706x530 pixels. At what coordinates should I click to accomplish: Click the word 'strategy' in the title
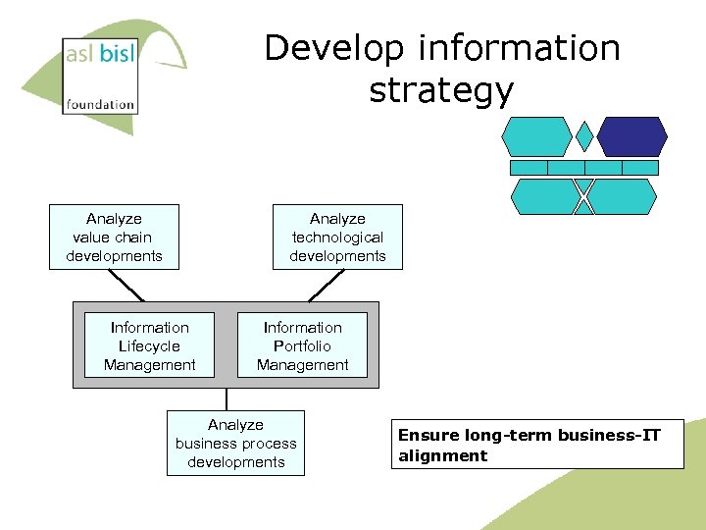click(x=441, y=90)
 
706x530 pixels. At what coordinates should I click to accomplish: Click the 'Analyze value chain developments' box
click(x=114, y=238)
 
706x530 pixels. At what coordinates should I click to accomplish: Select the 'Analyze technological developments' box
click(x=337, y=238)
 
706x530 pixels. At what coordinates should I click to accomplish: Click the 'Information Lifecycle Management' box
click(x=150, y=345)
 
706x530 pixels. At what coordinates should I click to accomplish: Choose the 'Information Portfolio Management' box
click(x=303, y=345)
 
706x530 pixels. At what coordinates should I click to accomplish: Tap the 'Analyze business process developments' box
click(x=235, y=444)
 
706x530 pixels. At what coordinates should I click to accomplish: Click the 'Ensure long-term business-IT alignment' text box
click(x=537, y=446)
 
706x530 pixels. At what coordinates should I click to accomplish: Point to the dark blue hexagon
click(x=632, y=136)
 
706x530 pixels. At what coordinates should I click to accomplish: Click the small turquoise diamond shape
click(x=584, y=136)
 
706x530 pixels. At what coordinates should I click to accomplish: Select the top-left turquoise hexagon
click(x=535, y=136)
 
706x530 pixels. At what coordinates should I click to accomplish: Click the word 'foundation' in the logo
click(x=100, y=103)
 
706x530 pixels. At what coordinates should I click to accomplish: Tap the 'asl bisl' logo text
click(x=100, y=54)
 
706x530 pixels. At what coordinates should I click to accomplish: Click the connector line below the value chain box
click(x=126, y=285)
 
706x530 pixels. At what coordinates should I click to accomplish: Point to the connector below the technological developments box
click(x=326, y=285)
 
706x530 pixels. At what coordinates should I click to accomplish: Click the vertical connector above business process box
click(x=227, y=398)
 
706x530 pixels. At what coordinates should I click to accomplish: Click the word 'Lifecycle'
click(x=150, y=345)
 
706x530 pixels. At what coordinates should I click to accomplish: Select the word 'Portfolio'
click(x=303, y=345)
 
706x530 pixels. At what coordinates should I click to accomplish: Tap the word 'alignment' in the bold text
click(x=442, y=455)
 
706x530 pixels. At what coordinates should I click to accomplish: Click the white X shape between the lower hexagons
click(x=584, y=196)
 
